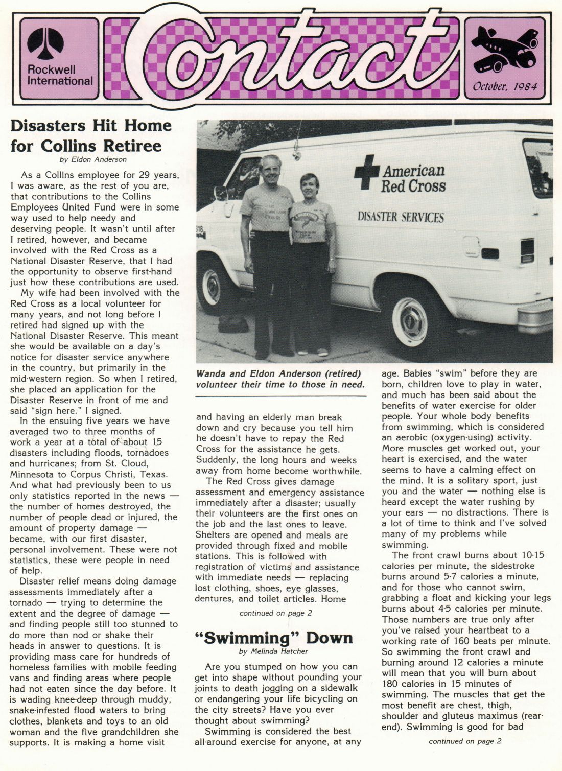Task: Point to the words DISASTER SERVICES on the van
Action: click(x=401, y=217)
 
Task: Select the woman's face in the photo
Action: click(x=310, y=186)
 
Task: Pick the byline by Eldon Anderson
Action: click(x=93, y=159)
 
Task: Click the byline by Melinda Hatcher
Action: click(x=273, y=651)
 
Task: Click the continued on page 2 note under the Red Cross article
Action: click(x=275, y=613)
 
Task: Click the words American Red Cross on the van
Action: click(x=413, y=178)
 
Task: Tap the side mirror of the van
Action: click(x=221, y=194)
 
